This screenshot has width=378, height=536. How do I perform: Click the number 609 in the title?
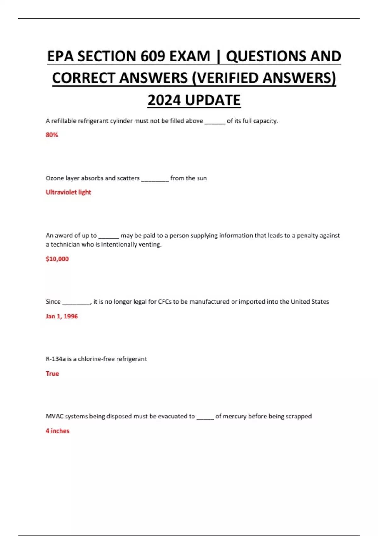point(153,57)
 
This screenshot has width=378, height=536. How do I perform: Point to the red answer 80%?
point(52,135)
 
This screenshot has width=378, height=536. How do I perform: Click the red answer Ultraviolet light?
point(68,192)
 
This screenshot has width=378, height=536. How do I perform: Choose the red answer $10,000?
point(57,259)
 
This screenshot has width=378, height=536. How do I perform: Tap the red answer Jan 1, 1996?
point(62,316)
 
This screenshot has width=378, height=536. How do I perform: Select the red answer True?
point(52,374)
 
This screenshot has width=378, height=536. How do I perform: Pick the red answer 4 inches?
point(57,431)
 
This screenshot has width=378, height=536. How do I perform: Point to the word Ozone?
point(55,178)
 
